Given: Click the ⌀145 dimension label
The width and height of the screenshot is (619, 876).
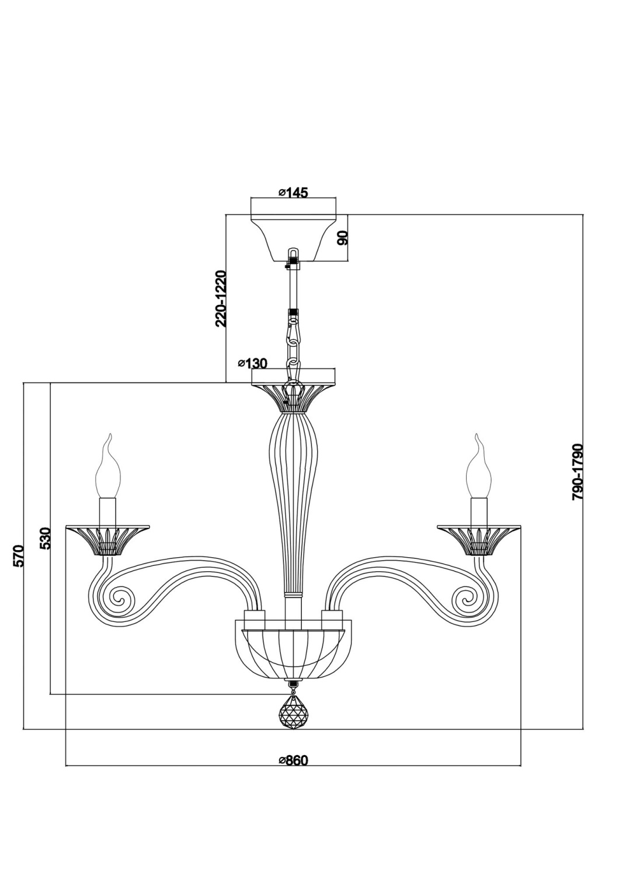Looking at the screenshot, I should point(293,192).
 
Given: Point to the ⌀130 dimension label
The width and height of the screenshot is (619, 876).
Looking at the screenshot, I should point(252,363).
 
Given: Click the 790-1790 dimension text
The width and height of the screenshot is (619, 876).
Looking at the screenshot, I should point(578,471).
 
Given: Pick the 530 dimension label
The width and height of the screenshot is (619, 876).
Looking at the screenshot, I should point(46,538).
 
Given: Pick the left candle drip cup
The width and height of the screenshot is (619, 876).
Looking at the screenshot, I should point(109,536).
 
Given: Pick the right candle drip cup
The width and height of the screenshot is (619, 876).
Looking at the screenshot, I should point(479,536).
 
